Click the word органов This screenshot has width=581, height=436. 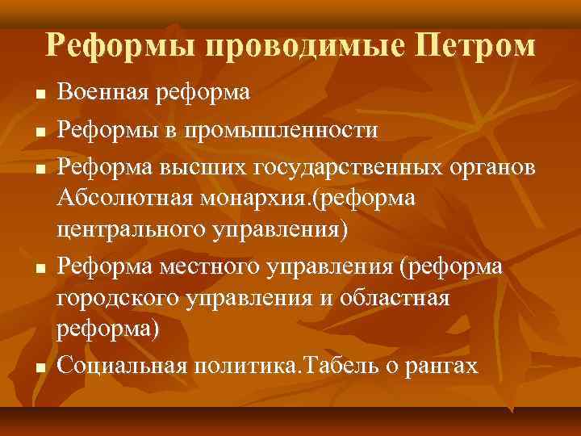490,166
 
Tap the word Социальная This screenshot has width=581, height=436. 122,367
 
